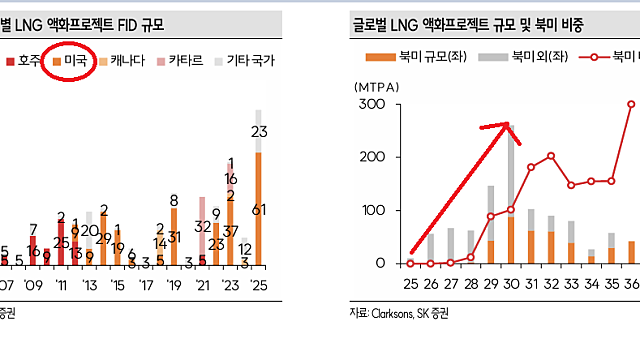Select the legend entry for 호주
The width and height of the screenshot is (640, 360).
coord(24,61)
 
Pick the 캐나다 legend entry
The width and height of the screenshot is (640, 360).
coord(122,61)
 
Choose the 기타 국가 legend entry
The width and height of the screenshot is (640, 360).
coord(244,61)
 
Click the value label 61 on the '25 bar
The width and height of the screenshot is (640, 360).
coord(259,209)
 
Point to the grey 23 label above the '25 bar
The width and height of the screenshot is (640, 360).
coord(259,132)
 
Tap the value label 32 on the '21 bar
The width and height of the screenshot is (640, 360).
coord(202,227)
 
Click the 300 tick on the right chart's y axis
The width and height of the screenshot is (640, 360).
coord(372,105)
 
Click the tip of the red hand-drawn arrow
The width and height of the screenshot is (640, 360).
coord(509,125)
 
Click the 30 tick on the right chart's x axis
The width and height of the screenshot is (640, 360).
coord(510,283)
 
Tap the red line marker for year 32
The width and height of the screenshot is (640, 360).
coord(551,156)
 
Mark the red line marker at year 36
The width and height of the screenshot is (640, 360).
coord(632,104)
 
